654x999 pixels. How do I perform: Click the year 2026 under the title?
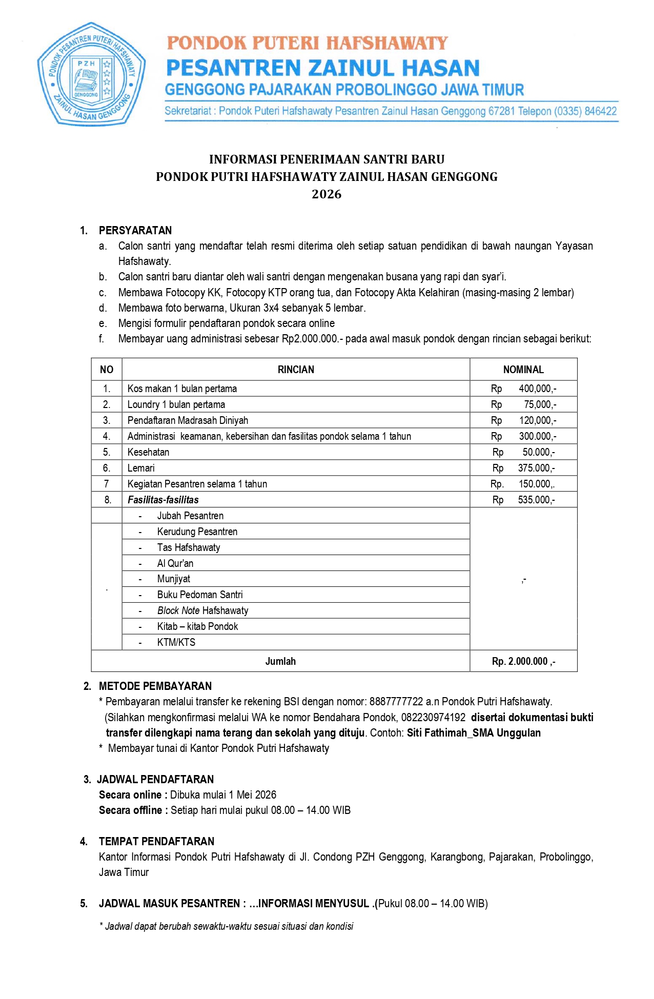click(326, 194)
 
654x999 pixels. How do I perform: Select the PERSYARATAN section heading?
click(135, 230)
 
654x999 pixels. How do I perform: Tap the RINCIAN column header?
click(296, 370)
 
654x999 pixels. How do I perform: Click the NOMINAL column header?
click(523, 370)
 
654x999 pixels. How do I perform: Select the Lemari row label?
click(141, 468)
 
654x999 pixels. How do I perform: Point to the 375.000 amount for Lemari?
click(536, 468)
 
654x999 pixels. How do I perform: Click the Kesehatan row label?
click(148, 452)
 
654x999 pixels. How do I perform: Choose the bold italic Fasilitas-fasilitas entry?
click(163, 500)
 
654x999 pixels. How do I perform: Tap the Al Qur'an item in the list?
click(175, 563)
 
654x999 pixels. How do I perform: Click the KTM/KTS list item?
click(176, 642)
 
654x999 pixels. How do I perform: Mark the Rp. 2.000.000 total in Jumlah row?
click(523, 661)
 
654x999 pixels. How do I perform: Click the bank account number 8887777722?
click(396, 701)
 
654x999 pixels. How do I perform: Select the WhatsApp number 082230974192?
click(434, 717)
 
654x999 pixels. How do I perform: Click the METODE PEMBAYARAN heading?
click(155, 686)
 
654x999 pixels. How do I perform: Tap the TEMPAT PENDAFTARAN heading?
click(156, 841)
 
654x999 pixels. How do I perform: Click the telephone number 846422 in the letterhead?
click(600, 111)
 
